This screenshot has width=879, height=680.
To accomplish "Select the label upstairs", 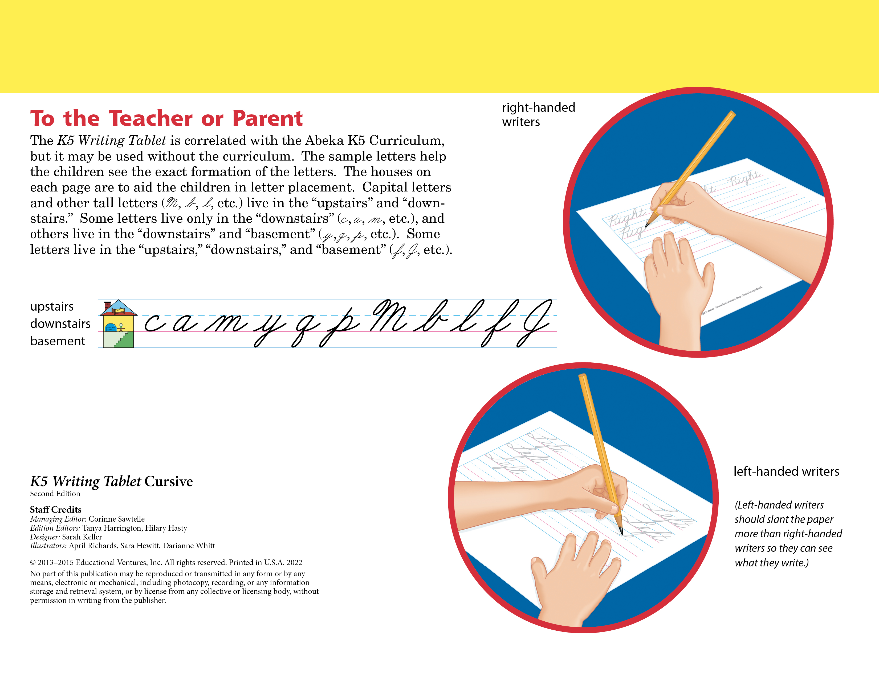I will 52,307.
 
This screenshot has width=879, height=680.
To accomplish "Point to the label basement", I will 58,341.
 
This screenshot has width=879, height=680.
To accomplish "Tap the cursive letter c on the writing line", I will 154,323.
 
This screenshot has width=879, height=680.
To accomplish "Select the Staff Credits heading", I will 56,510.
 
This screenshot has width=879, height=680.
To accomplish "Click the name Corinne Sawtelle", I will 116,519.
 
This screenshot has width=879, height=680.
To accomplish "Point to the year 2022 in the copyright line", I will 294,562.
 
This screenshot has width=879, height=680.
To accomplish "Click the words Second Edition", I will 55,494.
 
